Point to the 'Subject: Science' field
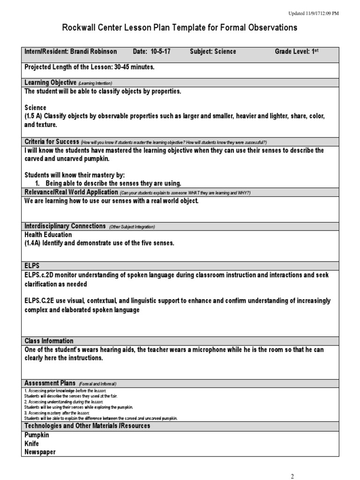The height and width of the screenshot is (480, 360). click(x=213, y=52)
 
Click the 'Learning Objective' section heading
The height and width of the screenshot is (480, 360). click(x=51, y=82)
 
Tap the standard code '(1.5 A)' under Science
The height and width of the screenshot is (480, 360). click(x=35, y=116)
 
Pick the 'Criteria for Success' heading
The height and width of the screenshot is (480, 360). click(x=52, y=142)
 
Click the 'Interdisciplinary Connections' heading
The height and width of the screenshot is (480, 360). click(x=65, y=226)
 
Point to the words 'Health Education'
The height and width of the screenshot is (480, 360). click(x=48, y=234)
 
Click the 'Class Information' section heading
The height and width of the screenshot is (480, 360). click(x=49, y=341)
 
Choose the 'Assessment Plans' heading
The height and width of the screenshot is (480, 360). click(x=49, y=383)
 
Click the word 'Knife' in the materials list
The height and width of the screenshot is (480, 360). click(x=31, y=443)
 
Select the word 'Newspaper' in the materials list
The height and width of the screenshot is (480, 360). click(x=40, y=452)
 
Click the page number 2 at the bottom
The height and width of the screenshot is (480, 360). click(x=292, y=476)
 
